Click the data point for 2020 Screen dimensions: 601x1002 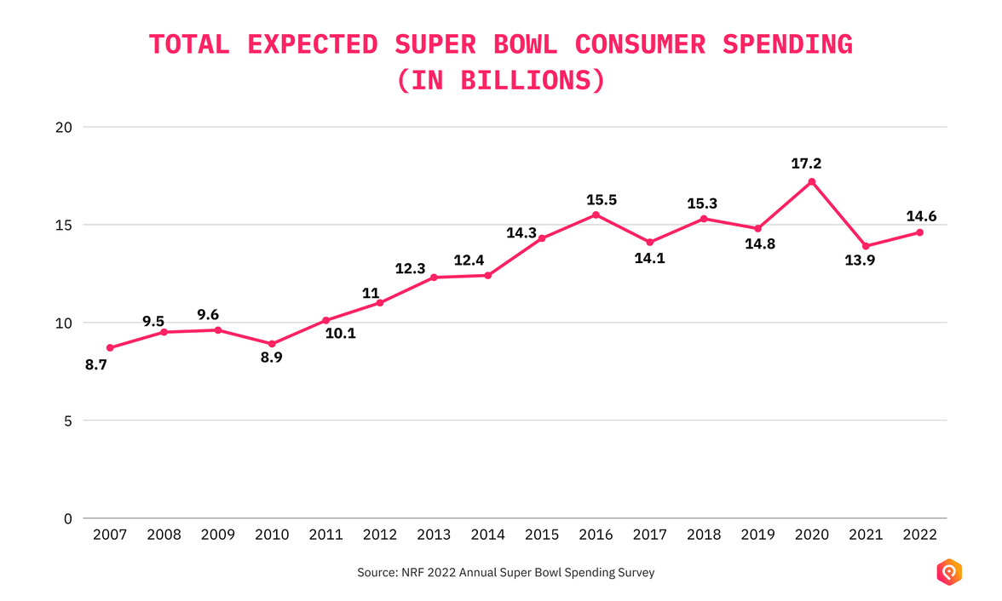tap(811, 181)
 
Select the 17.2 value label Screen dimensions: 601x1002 tap(806, 163)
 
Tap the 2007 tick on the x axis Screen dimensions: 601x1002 tap(110, 535)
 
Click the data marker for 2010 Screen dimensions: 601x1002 tap(272, 344)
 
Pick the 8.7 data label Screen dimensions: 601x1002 tap(96, 364)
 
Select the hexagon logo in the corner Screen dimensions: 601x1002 tap(949, 572)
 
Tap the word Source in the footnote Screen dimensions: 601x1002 tap(376, 573)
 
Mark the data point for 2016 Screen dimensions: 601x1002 tap(596, 215)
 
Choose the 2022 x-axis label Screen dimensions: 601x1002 tap(919, 535)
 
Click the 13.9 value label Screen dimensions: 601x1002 tap(859, 261)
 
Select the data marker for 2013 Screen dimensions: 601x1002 tap(434, 277)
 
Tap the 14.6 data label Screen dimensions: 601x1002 tap(920, 216)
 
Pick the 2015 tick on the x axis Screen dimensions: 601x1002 tap(542, 535)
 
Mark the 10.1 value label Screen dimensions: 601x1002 tap(340, 334)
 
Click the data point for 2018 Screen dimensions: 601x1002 tap(704, 219)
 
